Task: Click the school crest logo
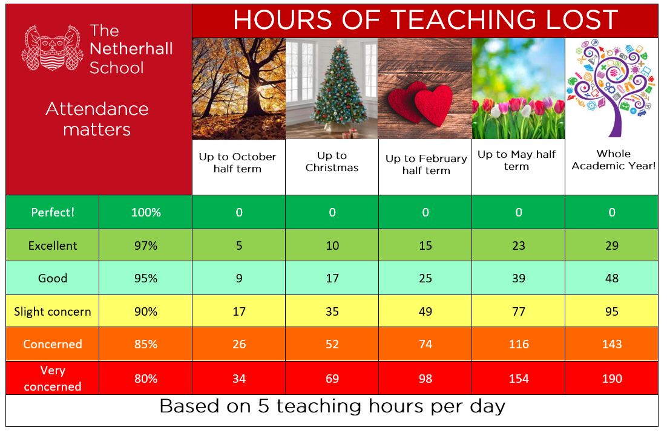53,48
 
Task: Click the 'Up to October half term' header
237,163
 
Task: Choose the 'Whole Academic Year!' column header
613,160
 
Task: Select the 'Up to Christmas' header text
332,161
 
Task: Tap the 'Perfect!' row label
53,212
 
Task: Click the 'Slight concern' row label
53,311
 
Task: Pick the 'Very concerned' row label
53,378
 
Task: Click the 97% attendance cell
146,246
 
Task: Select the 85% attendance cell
146,344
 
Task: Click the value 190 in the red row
612,379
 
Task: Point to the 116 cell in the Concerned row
519,344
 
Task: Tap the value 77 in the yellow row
519,311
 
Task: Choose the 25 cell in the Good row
425,278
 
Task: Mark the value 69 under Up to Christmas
332,379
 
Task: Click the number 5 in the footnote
264,406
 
